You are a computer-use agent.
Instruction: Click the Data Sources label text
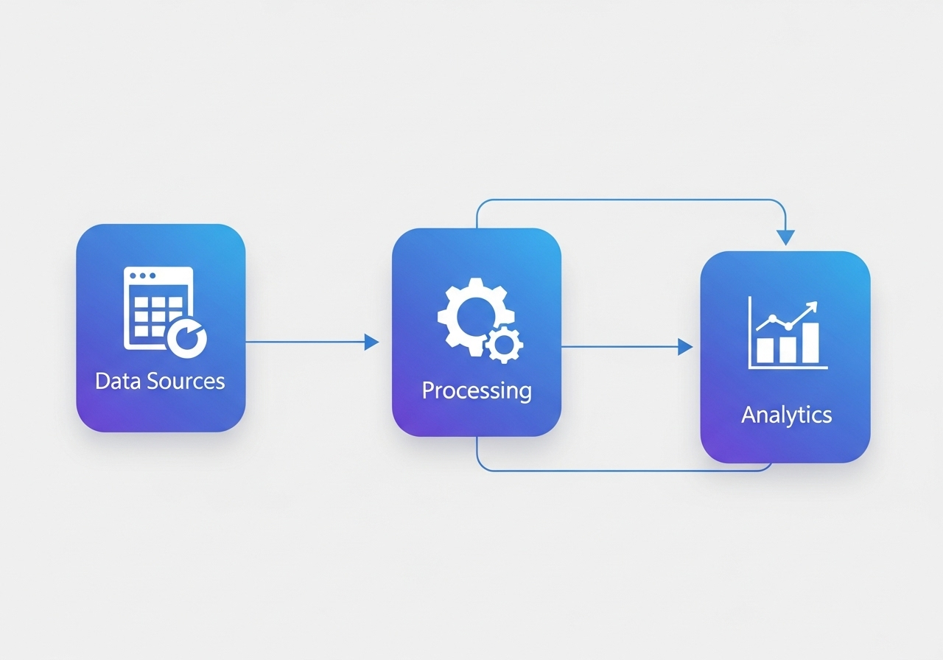(x=160, y=381)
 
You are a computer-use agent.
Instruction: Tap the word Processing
(x=476, y=390)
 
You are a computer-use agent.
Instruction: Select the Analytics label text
(x=786, y=414)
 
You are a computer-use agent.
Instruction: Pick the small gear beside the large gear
(x=505, y=344)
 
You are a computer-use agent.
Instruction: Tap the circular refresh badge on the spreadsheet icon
(x=188, y=339)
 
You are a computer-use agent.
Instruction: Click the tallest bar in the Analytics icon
(x=809, y=343)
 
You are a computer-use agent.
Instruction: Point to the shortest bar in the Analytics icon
(x=765, y=351)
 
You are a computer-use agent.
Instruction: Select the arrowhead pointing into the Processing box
(x=372, y=342)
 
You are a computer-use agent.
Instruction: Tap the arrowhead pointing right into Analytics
(x=686, y=347)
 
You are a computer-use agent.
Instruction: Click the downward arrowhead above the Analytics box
(x=785, y=237)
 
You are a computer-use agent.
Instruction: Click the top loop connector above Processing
(x=626, y=199)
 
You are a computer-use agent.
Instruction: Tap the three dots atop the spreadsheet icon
(x=142, y=275)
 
